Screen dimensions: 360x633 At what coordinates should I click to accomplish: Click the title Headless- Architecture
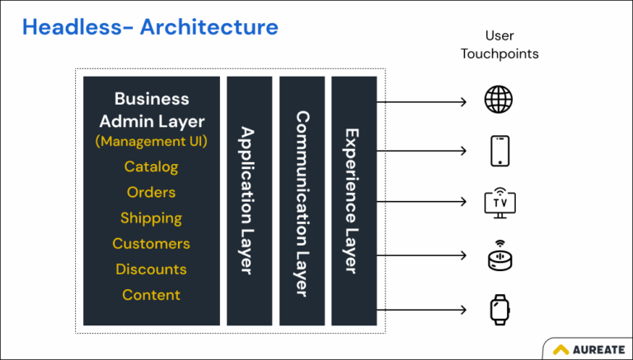click(150, 27)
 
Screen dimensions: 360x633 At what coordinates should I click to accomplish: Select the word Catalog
click(151, 166)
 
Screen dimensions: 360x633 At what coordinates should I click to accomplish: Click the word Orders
click(151, 192)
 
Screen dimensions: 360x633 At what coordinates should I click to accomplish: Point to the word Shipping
click(151, 218)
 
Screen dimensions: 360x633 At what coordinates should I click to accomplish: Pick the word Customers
click(151, 244)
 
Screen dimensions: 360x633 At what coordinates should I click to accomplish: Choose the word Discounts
click(151, 269)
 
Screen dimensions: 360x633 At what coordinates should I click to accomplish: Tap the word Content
click(151, 295)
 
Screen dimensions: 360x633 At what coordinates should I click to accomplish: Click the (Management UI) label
click(151, 141)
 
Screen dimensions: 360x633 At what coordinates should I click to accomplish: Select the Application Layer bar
click(249, 200)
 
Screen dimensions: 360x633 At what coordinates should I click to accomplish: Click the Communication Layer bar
click(302, 200)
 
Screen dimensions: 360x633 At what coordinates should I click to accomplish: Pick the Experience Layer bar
click(354, 200)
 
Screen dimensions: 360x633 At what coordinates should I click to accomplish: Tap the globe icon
click(498, 101)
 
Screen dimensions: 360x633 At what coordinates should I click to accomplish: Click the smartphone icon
click(498, 152)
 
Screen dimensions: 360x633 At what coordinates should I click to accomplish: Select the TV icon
click(498, 203)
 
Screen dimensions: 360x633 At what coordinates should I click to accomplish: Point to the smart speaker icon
click(498, 257)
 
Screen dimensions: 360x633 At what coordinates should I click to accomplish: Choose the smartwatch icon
click(498, 310)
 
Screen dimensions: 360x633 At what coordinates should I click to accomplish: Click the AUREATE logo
click(587, 348)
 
